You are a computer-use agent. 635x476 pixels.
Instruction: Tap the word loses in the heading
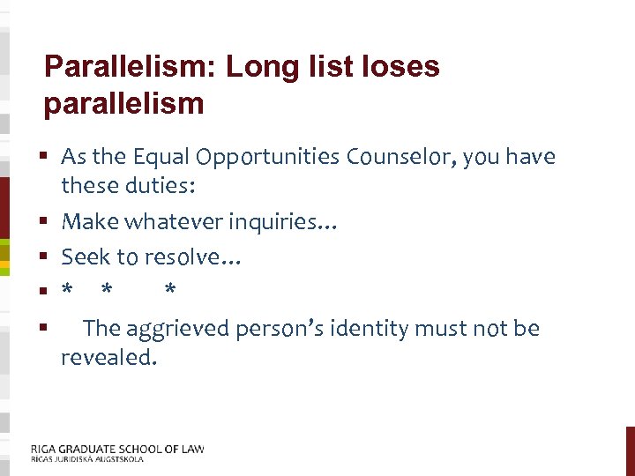(x=401, y=67)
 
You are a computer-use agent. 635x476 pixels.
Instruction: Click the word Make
(x=86, y=222)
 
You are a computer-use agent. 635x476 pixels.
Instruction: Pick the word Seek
(x=84, y=257)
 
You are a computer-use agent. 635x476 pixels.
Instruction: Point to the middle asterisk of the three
(x=107, y=291)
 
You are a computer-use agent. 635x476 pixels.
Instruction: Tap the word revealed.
(x=108, y=358)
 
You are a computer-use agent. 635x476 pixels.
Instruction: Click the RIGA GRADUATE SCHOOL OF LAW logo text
(x=117, y=449)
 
